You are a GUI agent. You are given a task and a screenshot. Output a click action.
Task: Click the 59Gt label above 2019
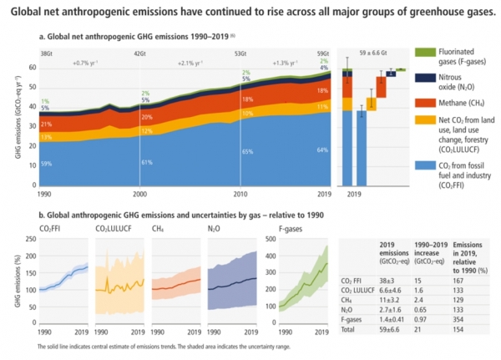(x=323, y=53)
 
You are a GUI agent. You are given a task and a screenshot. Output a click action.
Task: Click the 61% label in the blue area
(x=147, y=162)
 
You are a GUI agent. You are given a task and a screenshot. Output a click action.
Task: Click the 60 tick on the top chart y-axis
(x=31, y=67)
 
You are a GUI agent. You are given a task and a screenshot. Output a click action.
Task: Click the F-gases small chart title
(x=276, y=227)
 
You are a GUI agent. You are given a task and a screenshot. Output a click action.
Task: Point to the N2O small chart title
(x=213, y=227)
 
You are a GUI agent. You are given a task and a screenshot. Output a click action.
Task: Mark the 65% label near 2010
(x=247, y=152)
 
